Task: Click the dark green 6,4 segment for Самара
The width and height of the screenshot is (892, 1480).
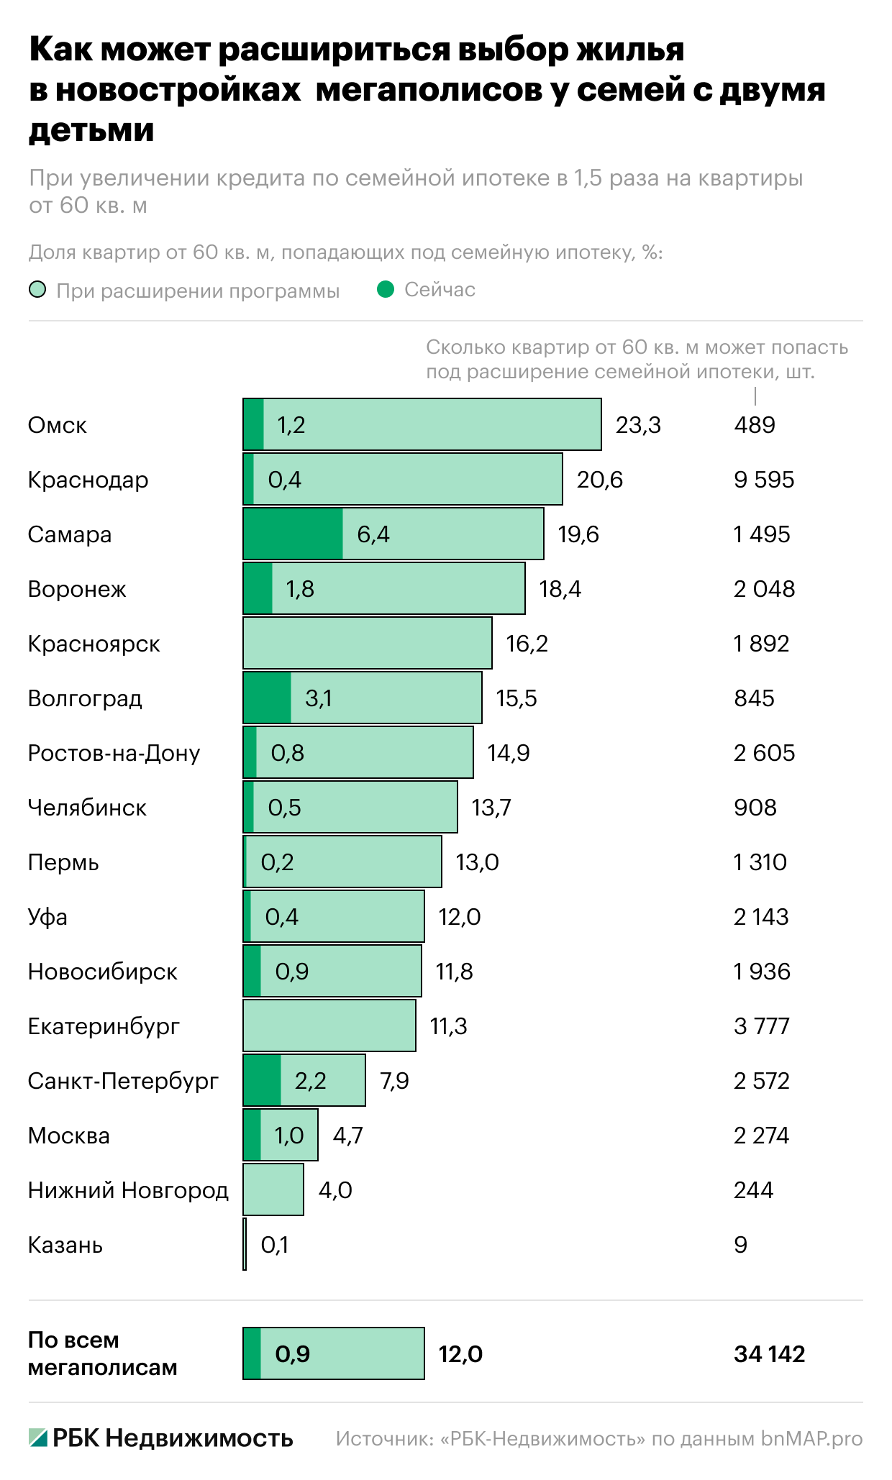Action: (x=293, y=534)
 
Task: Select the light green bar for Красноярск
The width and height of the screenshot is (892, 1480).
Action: (x=367, y=643)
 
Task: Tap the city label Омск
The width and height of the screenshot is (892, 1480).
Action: (x=57, y=425)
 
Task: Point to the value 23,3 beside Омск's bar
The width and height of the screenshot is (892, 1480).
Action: (x=638, y=425)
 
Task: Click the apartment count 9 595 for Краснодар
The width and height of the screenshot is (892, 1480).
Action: (x=764, y=480)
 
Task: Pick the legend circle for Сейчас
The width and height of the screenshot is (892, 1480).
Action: (x=386, y=290)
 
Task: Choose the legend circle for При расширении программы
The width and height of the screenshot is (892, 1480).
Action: (x=37, y=290)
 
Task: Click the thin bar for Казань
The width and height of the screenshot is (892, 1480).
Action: (x=245, y=1244)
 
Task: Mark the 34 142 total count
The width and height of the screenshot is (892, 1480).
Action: (x=769, y=1354)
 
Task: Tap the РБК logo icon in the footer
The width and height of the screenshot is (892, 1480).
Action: (x=38, y=1438)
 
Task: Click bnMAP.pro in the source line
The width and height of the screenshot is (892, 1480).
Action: (x=811, y=1438)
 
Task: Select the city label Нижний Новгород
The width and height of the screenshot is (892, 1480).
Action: (x=128, y=1190)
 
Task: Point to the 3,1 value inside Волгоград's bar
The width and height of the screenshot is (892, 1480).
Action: (x=319, y=698)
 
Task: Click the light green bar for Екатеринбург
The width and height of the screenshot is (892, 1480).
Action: (x=329, y=1026)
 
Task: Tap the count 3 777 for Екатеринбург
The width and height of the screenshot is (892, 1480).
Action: (x=761, y=1026)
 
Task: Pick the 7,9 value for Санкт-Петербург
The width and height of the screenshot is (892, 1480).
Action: (x=394, y=1081)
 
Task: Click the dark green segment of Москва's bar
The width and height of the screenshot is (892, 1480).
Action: (x=252, y=1135)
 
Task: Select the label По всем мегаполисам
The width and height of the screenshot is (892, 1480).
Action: (x=102, y=1353)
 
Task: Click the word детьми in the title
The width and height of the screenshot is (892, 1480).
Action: (x=91, y=130)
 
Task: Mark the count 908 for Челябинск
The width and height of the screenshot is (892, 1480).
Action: (x=755, y=808)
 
